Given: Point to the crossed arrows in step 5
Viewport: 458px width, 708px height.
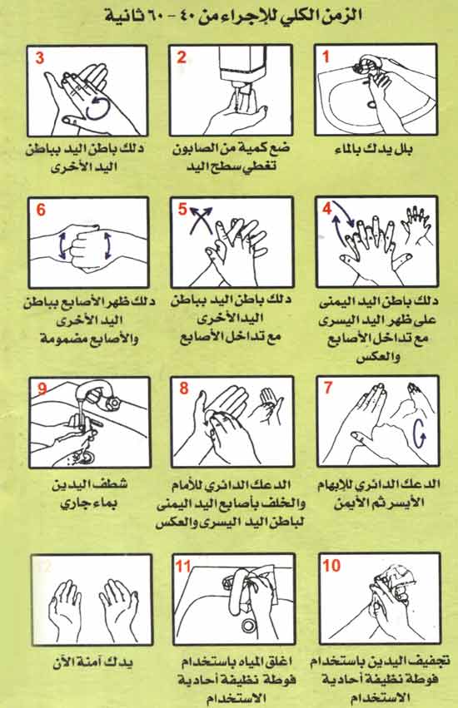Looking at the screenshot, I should [197, 225].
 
